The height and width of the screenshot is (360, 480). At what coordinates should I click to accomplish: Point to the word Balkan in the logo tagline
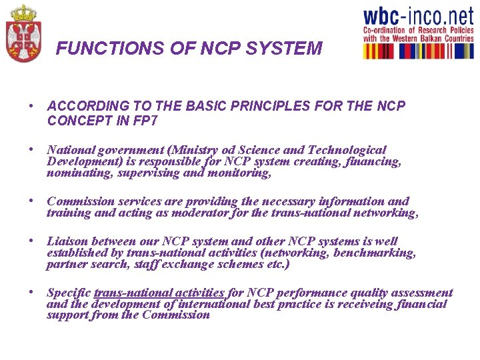(426, 39)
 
